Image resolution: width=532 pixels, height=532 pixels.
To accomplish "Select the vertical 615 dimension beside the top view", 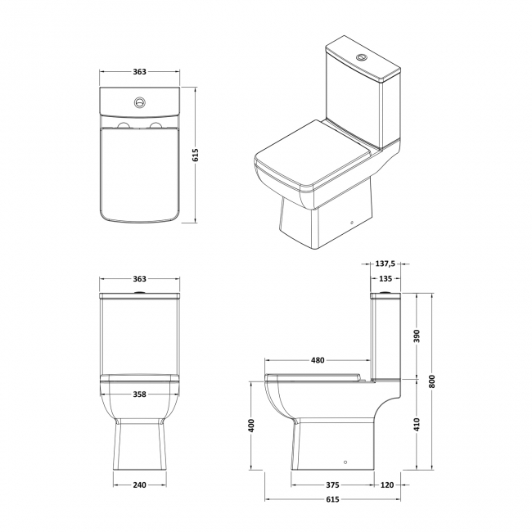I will click(196, 156).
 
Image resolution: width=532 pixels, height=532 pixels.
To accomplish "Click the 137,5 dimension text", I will click(385, 264).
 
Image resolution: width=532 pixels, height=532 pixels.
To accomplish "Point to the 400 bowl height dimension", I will click(252, 426).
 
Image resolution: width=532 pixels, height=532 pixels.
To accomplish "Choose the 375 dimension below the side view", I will click(331, 485).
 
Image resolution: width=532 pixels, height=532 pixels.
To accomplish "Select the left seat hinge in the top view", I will click(124, 126).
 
